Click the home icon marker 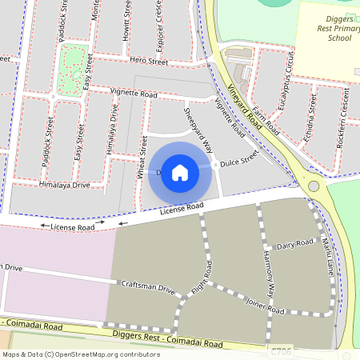(180, 173)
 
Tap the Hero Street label (149, 61)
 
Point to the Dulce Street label (239, 157)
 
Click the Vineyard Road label (245, 109)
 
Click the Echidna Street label (314, 118)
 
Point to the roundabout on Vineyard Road (314, 186)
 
